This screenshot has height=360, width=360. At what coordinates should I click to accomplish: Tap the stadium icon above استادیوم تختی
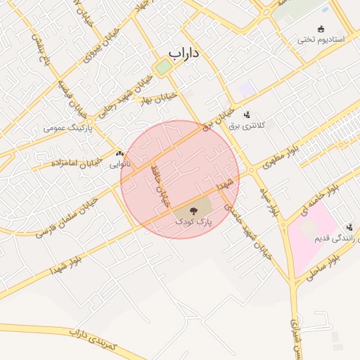(321, 29)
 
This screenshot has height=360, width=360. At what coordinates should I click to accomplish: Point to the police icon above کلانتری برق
(246, 115)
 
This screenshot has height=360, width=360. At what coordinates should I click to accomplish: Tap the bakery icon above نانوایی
(119, 153)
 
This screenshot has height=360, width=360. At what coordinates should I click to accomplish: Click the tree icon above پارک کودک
(193, 210)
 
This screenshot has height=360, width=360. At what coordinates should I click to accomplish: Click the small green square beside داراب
(163, 67)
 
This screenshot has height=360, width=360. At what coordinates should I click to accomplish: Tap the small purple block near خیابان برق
(247, 89)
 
